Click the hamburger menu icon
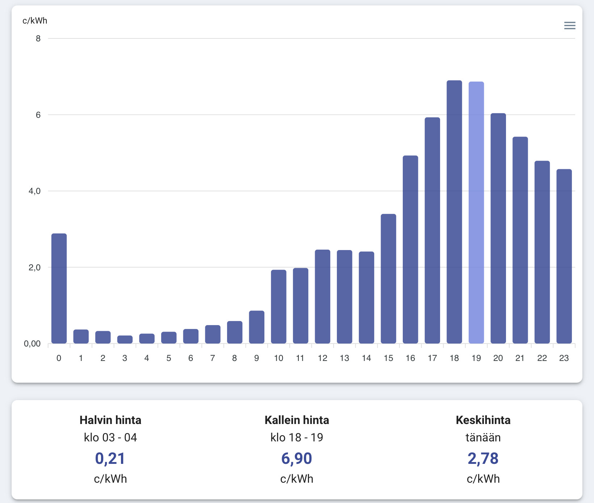coord(569,25)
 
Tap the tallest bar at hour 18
coord(454,212)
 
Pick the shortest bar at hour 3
coord(125,340)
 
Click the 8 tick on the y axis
coord(38,38)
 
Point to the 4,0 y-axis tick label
coord(34,191)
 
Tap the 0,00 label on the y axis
coord(32,344)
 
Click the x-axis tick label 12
coord(322,358)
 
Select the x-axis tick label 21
coord(520,358)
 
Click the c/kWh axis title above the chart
coord(35,21)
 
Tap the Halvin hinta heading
coord(110,420)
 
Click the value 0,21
coord(110,458)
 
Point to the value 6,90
coord(297,458)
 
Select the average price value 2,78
coord(483,458)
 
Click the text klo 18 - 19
coord(297,437)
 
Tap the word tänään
coord(483,437)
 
